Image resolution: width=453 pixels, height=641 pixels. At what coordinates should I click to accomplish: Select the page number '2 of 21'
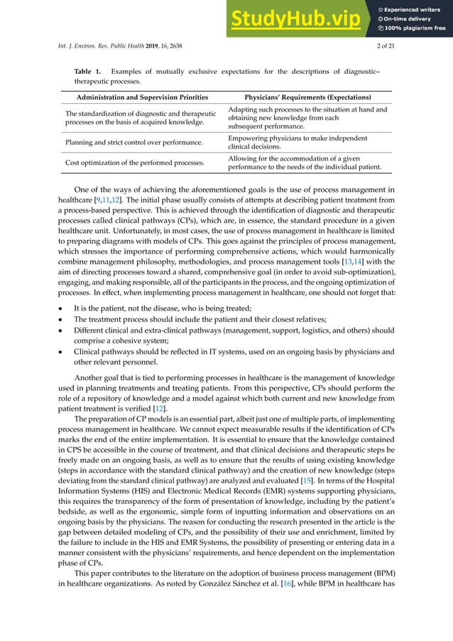[383, 46]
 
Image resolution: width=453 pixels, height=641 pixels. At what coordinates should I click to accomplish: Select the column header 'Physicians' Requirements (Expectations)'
[307, 97]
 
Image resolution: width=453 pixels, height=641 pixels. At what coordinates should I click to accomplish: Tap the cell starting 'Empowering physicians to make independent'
[298, 139]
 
